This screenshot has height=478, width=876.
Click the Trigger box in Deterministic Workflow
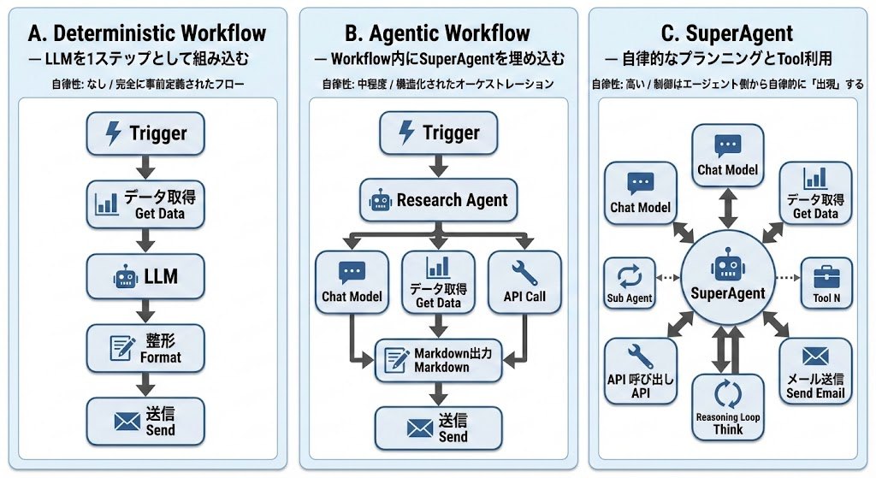point(145,133)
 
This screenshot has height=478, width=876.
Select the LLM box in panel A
point(145,276)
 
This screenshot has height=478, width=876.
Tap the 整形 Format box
point(145,348)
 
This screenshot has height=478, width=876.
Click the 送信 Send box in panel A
point(145,420)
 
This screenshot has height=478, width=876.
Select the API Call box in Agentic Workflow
point(524,281)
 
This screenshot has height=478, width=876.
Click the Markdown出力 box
point(438,360)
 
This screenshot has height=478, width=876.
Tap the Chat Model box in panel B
point(352,281)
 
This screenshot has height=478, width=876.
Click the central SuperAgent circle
point(727,279)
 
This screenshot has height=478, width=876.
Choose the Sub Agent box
point(629,282)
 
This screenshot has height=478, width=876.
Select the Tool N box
point(826,283)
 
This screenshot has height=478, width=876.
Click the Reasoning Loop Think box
point(727,406)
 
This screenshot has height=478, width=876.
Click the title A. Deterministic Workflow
point(146,34)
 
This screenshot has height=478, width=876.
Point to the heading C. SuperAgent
point(727,34)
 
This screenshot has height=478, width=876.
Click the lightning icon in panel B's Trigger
point(407,133)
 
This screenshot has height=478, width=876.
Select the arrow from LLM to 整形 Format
point(145,312)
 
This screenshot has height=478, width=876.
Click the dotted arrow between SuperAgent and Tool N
point(784,279)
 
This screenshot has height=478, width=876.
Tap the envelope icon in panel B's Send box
point(419,428)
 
